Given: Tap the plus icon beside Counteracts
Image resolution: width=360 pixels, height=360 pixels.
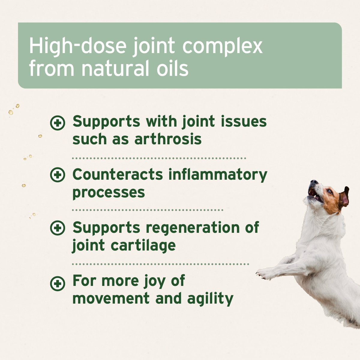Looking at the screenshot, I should pyautogui.click(x=57, y=175).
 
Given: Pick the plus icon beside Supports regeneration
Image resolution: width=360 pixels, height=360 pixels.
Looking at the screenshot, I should pyautogui.click(x=57, y=228).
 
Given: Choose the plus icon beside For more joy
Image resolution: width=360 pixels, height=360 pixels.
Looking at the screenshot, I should pyautogui.click(x=57, y=283).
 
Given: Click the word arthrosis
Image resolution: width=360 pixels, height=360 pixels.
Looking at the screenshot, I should pyautogui.click(x=168, y=139).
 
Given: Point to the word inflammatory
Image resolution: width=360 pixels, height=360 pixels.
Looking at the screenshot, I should pyautogui.click(x=218, y=175).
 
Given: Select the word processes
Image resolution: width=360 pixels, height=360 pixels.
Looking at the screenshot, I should pyautogui.click(x=109, y=193).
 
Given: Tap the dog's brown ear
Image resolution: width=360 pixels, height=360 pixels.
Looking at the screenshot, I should pyautogui.click(x=344, y=198).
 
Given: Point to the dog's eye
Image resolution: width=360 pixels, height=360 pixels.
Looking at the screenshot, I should pyautogui.click(x=329, y=191).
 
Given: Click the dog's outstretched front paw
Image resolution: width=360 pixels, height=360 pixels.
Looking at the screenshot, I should pyautogui.click(x=263, y=274).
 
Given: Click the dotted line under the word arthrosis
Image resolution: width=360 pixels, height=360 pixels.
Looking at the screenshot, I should pyautogui.click(x=159, y=158).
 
